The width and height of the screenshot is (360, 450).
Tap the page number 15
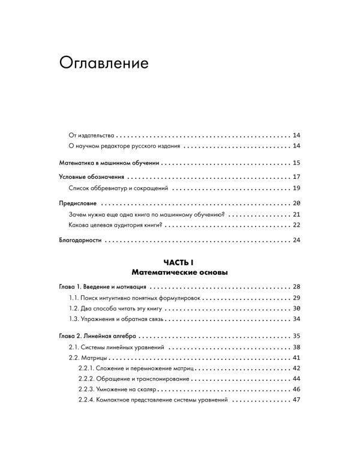pyautogui.click(x=296, y=163)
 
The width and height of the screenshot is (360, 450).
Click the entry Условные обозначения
pyautogui.click(x=92, y=177)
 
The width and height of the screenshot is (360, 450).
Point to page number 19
pyautogui.click(x=296, y=188)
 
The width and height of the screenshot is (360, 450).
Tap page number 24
pyautogui.click(x=296, y=241)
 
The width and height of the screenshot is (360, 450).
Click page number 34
pyautogui.click(x=296, y=319)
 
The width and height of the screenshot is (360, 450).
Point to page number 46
pyautogui.click(x=296, y=390)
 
